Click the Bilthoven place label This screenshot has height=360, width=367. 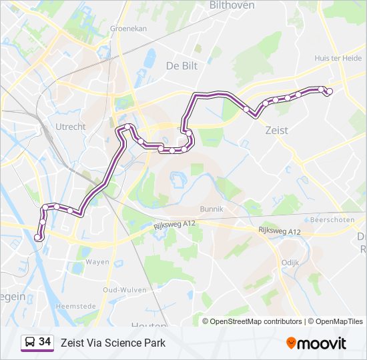pyautogui.click(x=232, y=5)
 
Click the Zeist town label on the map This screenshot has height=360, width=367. pyautogui.click(x=276, y=131)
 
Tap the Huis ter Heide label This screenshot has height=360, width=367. pyautogui.click(x=338, y=58)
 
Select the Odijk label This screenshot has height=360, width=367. pyautogui.click(x=291, y=263)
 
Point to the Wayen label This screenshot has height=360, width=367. pyautogui.click(x=97, y=262)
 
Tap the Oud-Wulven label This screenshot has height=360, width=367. pyautogui.click(x=121, y=289)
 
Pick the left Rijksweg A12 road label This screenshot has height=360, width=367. pyautogui.click(x=173, y=224)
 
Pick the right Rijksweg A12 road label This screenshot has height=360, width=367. pyautogui.click(x=280, y=231)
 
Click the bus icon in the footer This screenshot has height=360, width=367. pyautogui.click(x=29, y=343)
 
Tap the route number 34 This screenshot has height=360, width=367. pyautogui.click(x=45, y=342)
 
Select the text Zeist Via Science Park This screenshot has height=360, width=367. pyautogui.click(x=113, y=343)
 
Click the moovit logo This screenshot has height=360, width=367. pyautogui.click(x=316, y=343)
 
